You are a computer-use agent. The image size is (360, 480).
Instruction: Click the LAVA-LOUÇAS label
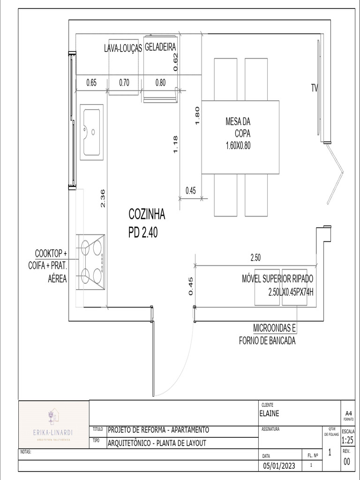point(123,48)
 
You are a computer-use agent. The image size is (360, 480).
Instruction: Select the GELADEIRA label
point(160,47)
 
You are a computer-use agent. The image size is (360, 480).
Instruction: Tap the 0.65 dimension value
point(91,83)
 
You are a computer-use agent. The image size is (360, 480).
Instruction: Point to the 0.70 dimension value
point(124,83)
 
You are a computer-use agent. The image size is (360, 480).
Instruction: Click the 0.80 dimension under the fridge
point(160,83)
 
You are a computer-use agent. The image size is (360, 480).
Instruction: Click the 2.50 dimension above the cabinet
point(255,257)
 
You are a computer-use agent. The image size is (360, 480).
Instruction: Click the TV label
point(315,87)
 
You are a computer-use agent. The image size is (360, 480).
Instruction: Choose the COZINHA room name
point(147,215)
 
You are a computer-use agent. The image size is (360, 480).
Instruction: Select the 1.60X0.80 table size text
point(238,145)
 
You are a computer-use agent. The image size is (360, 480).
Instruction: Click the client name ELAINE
point(269,413)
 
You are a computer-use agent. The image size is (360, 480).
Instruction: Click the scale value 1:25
point(347,441)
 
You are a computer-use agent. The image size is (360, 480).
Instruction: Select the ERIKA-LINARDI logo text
point(53,432)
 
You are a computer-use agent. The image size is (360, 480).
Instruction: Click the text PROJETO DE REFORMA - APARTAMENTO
point(158,430)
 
